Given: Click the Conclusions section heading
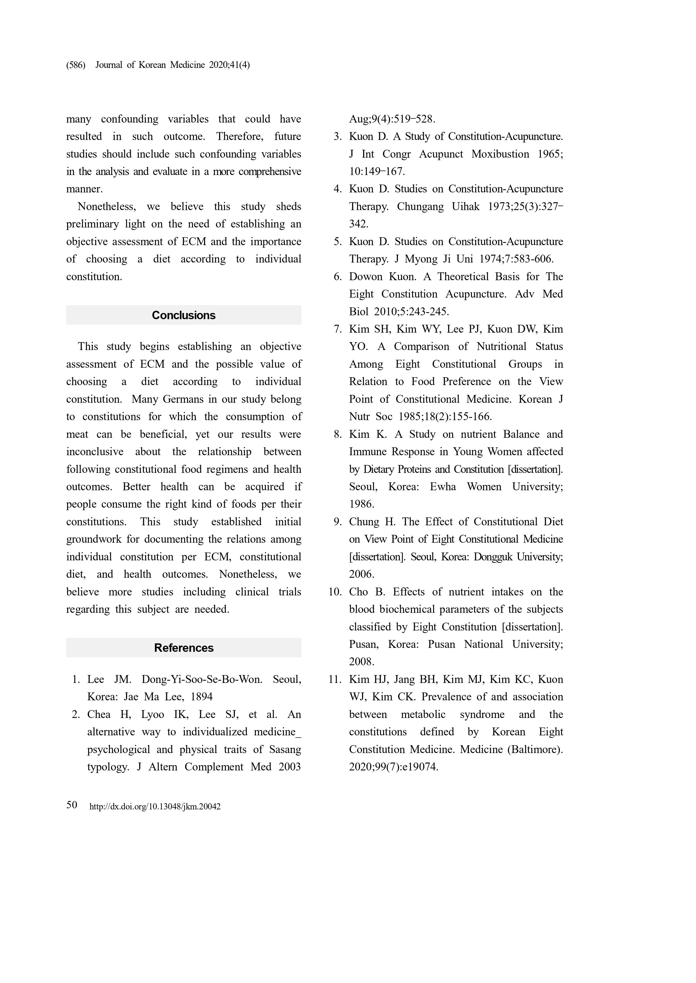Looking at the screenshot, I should tap(184, 315).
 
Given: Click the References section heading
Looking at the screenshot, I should tap(184, 648).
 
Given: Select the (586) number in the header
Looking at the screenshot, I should tap(76, 65).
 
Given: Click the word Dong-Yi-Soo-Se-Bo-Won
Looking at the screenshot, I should tap(202, 679).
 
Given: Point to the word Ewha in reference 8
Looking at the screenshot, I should tap(443, 487).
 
